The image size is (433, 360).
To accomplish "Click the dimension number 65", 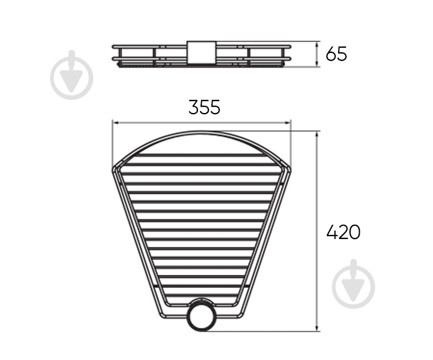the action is coord(336,54).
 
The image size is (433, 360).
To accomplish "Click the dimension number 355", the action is coord(205,107).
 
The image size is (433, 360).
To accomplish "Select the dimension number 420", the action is coord(343,232).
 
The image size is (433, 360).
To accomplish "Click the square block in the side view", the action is coord(202,53).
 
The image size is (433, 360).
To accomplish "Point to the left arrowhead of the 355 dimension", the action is coord(115,123).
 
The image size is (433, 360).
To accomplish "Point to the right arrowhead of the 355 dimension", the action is coord(288,123).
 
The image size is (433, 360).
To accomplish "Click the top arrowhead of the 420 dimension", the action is coord(317,135).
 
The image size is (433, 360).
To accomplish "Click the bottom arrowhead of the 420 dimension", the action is coord(317,328).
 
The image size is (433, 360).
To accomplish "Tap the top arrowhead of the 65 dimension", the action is coord(317,45).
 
